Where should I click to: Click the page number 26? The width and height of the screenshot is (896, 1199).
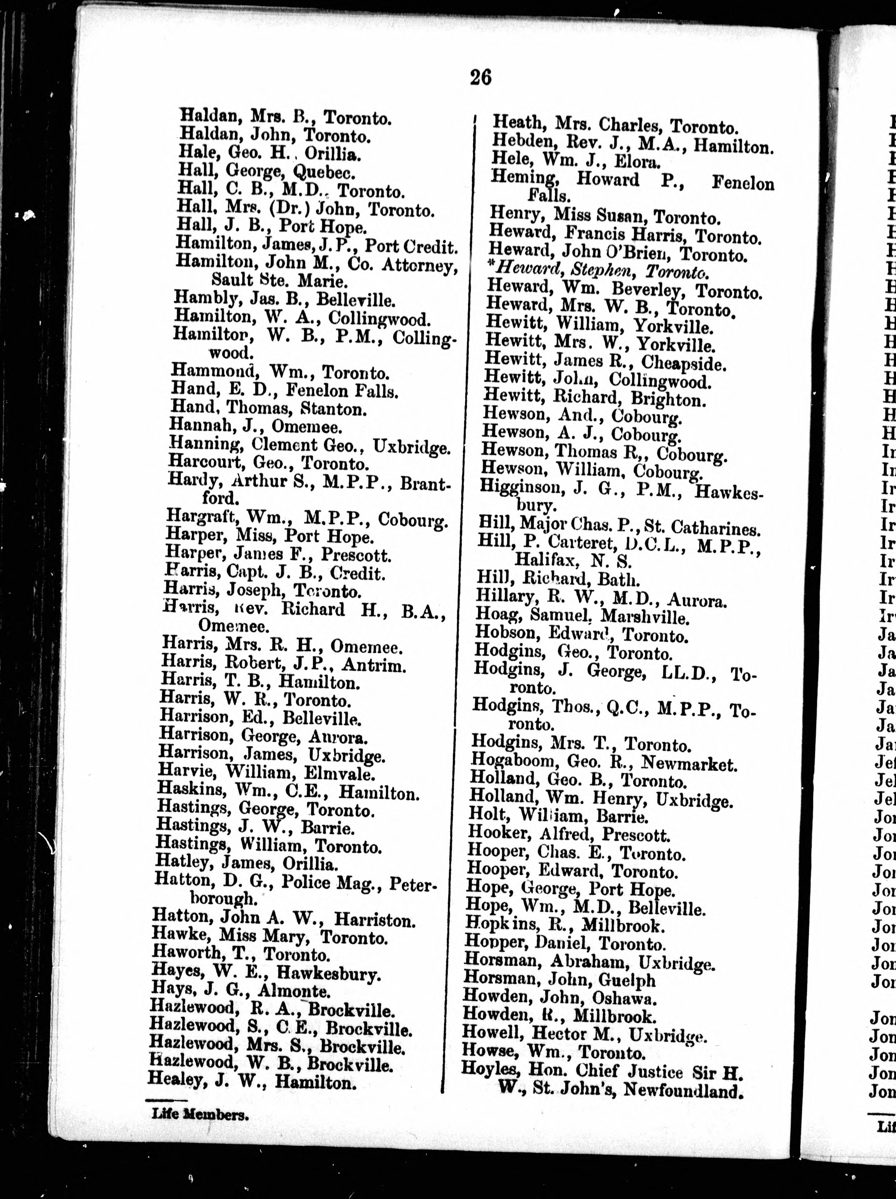pos(480,78)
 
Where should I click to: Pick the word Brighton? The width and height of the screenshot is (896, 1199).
pos(668,400)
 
